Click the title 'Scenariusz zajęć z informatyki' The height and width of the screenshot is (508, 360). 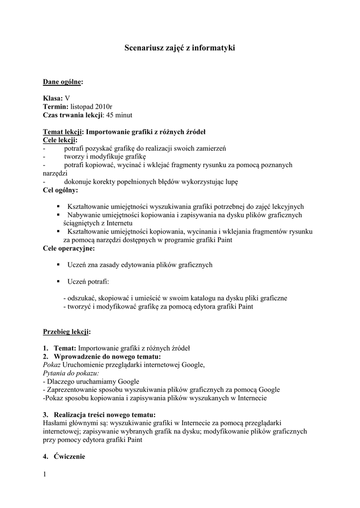(x=179, y=48)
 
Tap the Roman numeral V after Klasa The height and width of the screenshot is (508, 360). (x=68, y=99)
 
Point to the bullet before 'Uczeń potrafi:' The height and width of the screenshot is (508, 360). (x=59, y=281)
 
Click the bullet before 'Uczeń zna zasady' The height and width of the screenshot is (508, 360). (x=59, y=265)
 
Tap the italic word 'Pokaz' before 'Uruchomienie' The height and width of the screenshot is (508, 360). (x=52, y=365)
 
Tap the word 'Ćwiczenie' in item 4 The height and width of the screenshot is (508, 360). (x=70, y=456)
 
